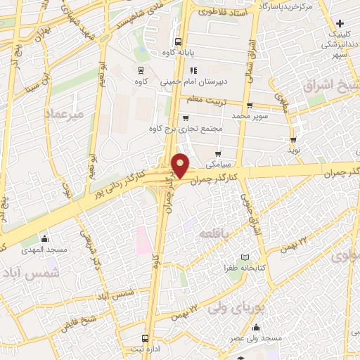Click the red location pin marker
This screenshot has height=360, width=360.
[181, 165]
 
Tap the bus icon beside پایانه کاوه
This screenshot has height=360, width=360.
[179, 41]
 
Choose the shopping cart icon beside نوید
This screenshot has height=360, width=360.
[293, 140]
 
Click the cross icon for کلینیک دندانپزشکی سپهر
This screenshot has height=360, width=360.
[340, 23]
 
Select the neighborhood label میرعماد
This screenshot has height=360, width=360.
[64, 112]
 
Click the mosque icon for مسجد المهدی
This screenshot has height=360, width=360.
[44, 238]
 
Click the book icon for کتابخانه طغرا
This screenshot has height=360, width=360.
[245, 257]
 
